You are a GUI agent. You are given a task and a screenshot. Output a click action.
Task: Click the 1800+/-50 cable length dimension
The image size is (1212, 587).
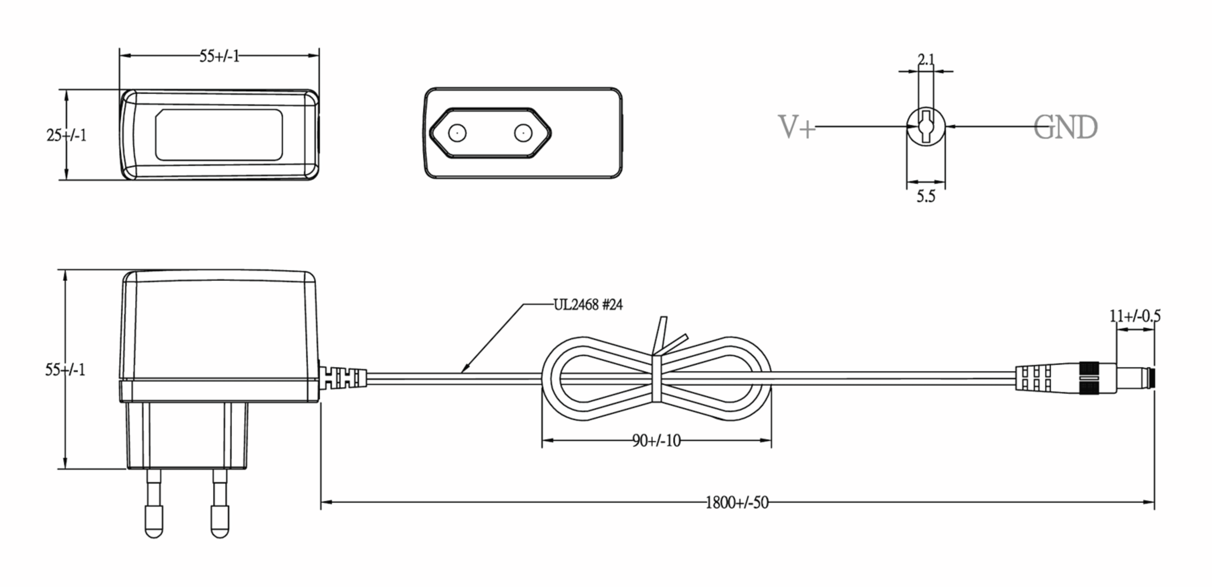click(x=737, y=503)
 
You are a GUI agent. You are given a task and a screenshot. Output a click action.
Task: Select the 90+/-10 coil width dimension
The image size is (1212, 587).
click(x=656, y=441)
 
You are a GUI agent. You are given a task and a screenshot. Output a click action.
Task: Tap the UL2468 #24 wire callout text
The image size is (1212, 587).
click(x=588, y=305)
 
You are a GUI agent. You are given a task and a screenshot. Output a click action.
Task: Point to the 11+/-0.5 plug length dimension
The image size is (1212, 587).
click(x=1135, y=316)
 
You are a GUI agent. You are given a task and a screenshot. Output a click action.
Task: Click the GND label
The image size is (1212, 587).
click(x=1066, y=127)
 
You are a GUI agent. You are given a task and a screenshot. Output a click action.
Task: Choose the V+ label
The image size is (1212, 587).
click(x=797, y=127)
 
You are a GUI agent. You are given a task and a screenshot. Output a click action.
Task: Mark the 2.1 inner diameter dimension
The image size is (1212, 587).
click(x=926, y=60)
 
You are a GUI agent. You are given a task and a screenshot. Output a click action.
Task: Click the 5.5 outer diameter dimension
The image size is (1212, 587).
click(x=926, y=197)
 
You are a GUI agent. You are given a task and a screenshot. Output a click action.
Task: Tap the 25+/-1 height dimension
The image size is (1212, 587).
click(x=66, y=135)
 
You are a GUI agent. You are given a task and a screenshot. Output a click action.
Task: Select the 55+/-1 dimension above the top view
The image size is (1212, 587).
click(x=219, y=56)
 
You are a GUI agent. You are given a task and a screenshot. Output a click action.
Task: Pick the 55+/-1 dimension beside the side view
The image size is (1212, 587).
click(x=65, y=370)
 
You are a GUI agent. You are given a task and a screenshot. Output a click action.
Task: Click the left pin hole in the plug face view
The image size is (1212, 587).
click(x=457, y=133)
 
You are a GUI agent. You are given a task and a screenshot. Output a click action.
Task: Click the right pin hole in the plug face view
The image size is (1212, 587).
click(x=523, y=133)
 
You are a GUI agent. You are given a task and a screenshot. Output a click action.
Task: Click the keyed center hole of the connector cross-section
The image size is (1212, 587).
click(x=926, y=126)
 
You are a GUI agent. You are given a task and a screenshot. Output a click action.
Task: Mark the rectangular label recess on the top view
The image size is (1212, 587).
click(x=219, y=135)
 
